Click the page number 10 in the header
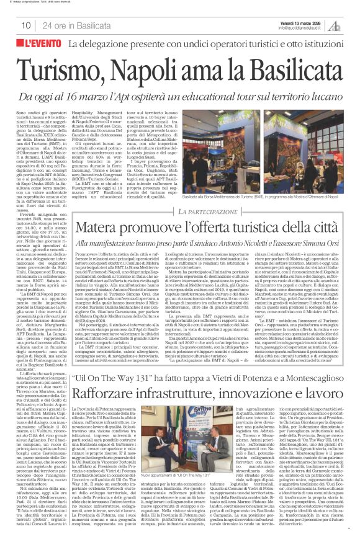pos(26,25)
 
